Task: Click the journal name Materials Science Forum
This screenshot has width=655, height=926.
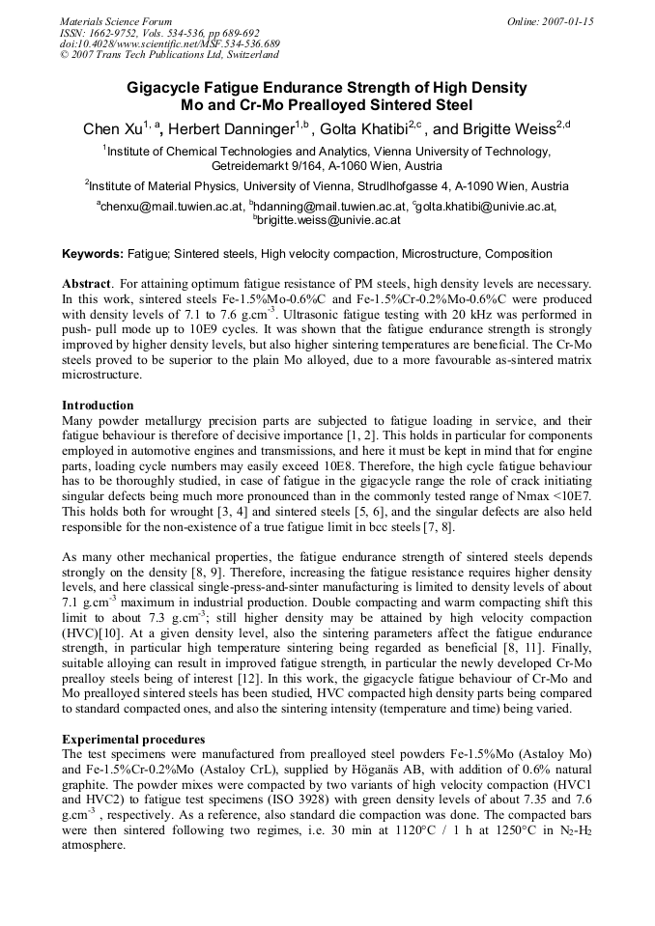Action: [x=116, y=20]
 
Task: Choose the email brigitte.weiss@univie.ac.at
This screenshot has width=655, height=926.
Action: [x=328, y=220]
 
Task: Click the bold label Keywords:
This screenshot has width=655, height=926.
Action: [x=93, y=254]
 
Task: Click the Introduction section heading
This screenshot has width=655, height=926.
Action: [x=98, y=405]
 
